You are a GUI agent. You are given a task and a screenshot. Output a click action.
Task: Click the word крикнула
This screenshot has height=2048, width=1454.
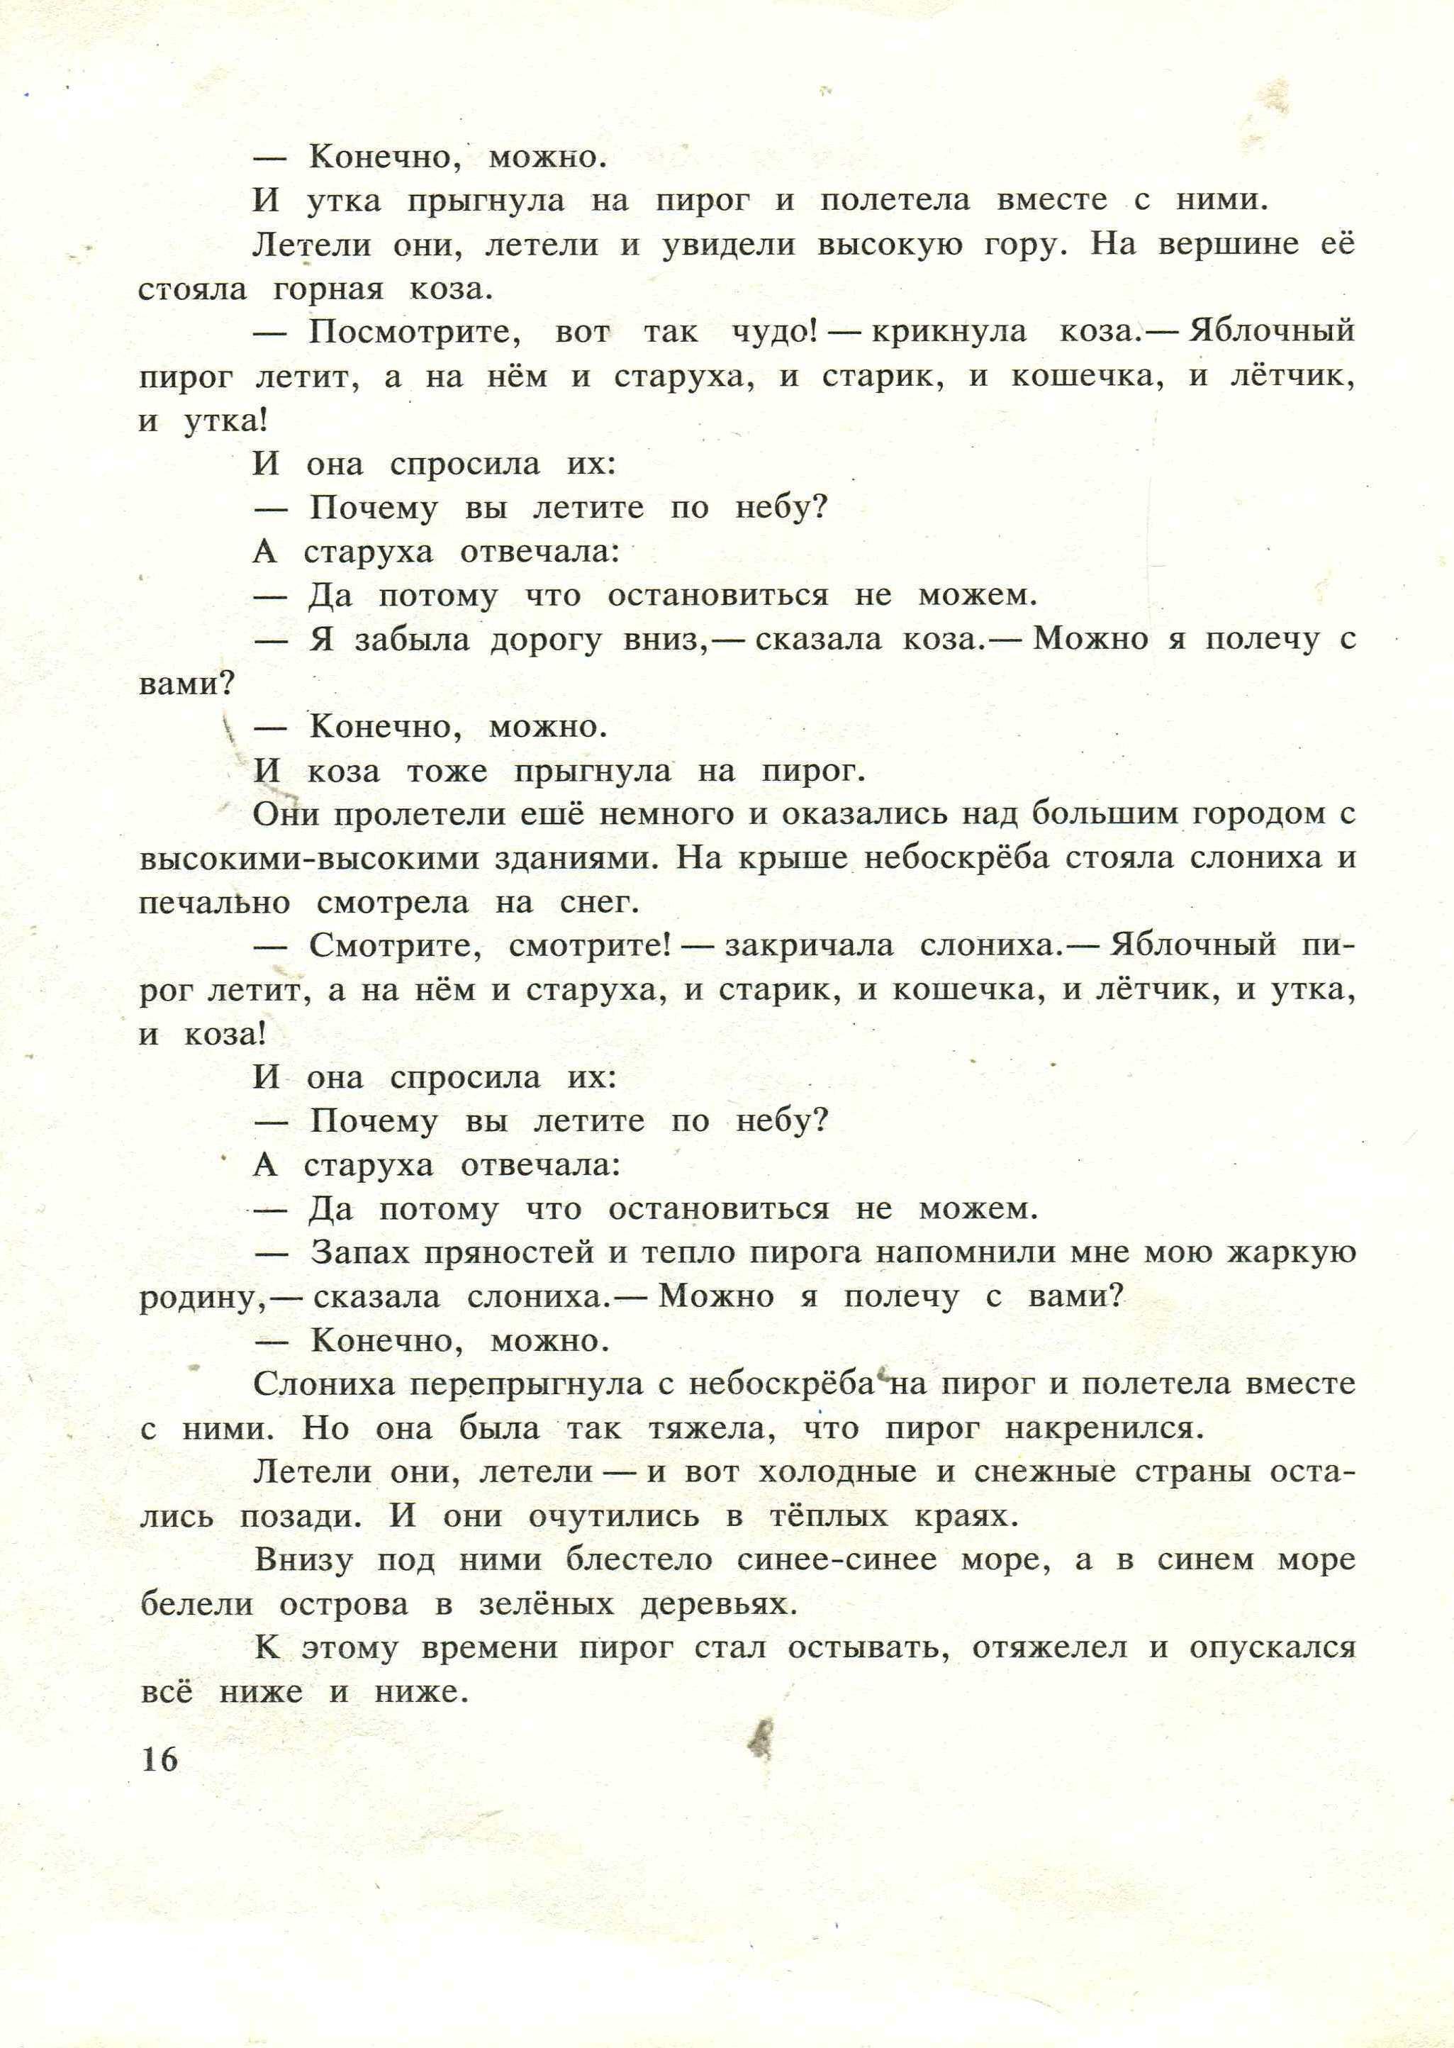949,331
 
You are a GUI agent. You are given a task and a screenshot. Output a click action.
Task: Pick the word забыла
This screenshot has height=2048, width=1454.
412,640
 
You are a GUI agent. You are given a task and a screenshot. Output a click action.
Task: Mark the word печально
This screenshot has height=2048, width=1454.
215,902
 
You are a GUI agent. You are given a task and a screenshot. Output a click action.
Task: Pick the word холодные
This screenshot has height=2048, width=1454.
837,1472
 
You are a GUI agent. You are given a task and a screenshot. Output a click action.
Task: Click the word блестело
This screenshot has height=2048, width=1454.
639,1560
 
